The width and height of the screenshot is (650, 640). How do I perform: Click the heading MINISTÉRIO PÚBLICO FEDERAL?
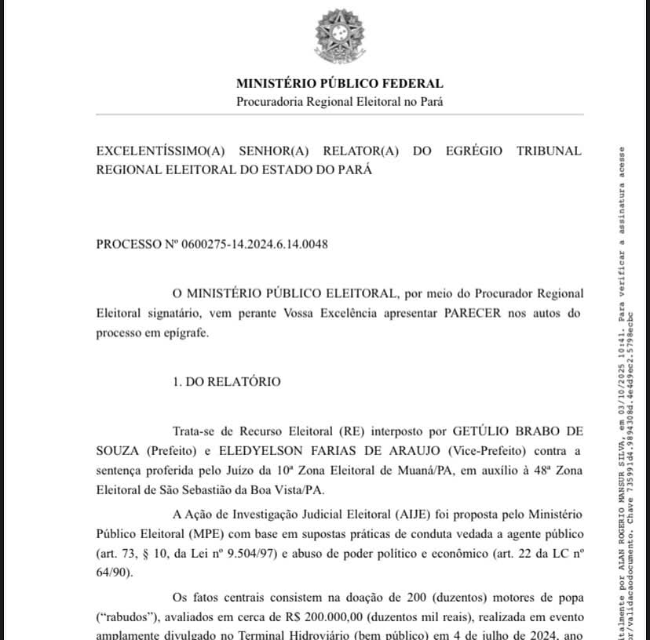click(340, 83)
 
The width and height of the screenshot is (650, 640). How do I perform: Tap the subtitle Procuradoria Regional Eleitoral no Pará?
click(340, 102)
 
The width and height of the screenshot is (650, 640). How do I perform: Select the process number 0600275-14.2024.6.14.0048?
click(254, 244)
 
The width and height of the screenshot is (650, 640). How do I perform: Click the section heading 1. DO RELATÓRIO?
click(227, 382)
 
